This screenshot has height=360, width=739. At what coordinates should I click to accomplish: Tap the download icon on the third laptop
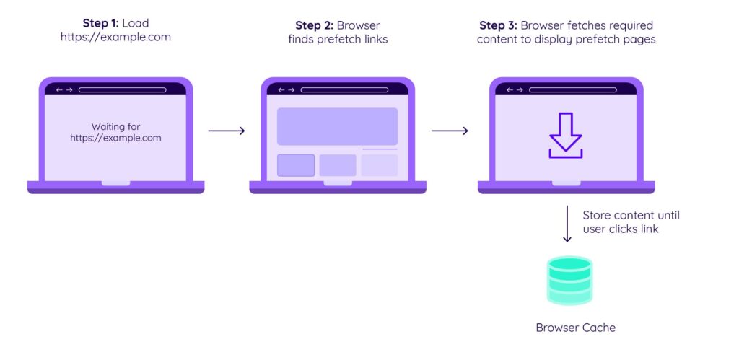566,136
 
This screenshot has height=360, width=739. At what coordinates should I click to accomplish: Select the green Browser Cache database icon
569,281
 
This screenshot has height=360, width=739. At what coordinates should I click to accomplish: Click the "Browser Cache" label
575,328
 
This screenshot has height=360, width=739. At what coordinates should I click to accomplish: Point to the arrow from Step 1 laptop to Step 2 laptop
227,131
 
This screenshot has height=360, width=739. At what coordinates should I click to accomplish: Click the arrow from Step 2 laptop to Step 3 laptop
450,131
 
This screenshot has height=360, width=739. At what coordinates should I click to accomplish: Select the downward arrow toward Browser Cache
567,224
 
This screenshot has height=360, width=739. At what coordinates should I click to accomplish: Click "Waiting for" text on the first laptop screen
115,126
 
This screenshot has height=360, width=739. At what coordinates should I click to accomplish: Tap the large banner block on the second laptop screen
337,126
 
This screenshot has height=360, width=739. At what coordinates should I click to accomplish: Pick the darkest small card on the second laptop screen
296,165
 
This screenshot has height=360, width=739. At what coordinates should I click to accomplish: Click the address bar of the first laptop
123,90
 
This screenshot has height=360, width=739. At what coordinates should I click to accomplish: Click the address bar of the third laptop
573,90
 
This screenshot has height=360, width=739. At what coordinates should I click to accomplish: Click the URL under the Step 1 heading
115,37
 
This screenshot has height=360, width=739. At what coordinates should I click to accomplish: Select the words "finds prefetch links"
338,40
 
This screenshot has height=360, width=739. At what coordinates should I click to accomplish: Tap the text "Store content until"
631,215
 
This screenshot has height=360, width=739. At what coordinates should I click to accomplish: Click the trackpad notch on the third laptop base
566,183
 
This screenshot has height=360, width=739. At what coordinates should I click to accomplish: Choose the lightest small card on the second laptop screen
380,165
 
